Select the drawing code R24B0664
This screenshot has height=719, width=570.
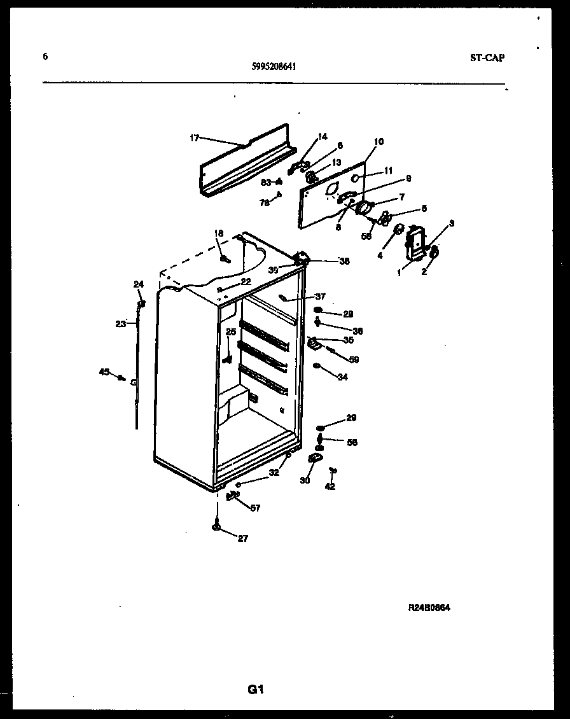[x=429, y=608]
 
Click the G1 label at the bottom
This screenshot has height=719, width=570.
[x=255, y=689]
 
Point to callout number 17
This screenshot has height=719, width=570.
[x=195, y=137]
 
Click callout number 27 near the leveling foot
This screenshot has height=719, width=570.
[x=242, y=539]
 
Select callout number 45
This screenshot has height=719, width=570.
[x=104, y=372]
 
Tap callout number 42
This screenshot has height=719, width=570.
[x=330, y=487]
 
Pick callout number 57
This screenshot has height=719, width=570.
[x=255, y=508]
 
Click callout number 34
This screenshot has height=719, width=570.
[x=343, y=377]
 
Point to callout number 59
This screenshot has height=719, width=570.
[x=354, y=359]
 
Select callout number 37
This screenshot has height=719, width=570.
[x=320, y=297]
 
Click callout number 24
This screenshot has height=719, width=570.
[x=138, y=284]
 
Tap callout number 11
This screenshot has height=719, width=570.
[x=389, y=171]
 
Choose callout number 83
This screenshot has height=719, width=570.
[x=265, y=183]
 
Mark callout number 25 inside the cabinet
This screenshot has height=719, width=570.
[x=230, y=332]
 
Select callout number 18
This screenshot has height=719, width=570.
[x=219, y=234]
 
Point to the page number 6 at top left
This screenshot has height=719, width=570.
[x=45, y=56]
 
